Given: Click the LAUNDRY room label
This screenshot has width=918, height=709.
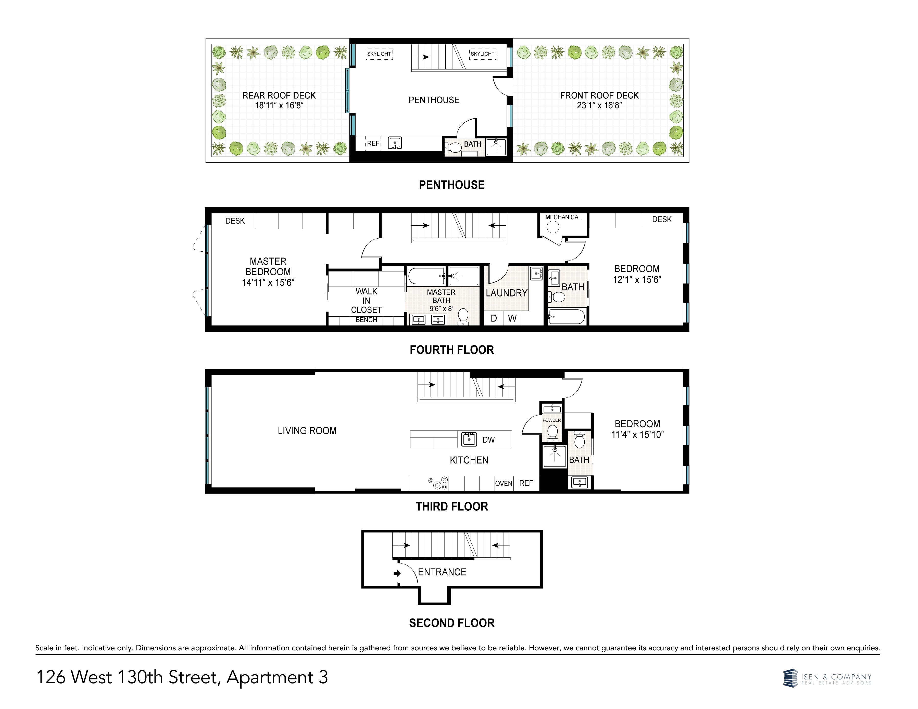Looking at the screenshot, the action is click(x=507, y=293).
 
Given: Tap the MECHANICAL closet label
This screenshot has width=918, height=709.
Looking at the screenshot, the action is click(x=563, y=217).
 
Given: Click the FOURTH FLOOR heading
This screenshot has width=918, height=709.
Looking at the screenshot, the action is click(x=452, y=350).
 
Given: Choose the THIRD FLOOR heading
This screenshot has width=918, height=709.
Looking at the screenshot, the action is click(x=452, y=507).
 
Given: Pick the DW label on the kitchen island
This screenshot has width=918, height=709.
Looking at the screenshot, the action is click(x=488, y=440).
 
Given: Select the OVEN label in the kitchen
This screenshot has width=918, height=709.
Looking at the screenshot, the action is click(x=504, y=483).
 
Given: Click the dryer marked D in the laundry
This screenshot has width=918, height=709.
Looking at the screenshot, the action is click(x=494, y=318).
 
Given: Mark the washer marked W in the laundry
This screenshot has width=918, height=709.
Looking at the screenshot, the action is click(x=512, y=318).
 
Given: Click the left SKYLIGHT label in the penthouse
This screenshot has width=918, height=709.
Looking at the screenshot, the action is click(x=379, y=54).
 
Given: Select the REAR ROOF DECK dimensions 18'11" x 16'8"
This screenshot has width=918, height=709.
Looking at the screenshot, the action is click(x=279, y=106).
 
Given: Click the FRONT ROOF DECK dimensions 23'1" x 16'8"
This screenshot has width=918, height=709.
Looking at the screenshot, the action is click(x=599, y=106).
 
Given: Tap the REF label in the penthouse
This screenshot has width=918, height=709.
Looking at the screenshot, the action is click(x=373, y=143).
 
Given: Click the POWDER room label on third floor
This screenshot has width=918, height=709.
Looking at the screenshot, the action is click(x=551, y=420).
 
